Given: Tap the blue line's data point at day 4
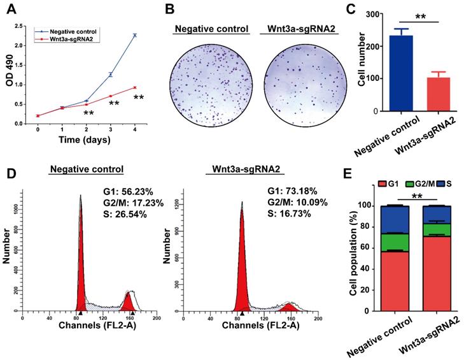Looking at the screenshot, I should [135, 35].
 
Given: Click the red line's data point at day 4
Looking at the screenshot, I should [135, 87].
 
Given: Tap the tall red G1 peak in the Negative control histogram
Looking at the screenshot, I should [81, 268].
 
